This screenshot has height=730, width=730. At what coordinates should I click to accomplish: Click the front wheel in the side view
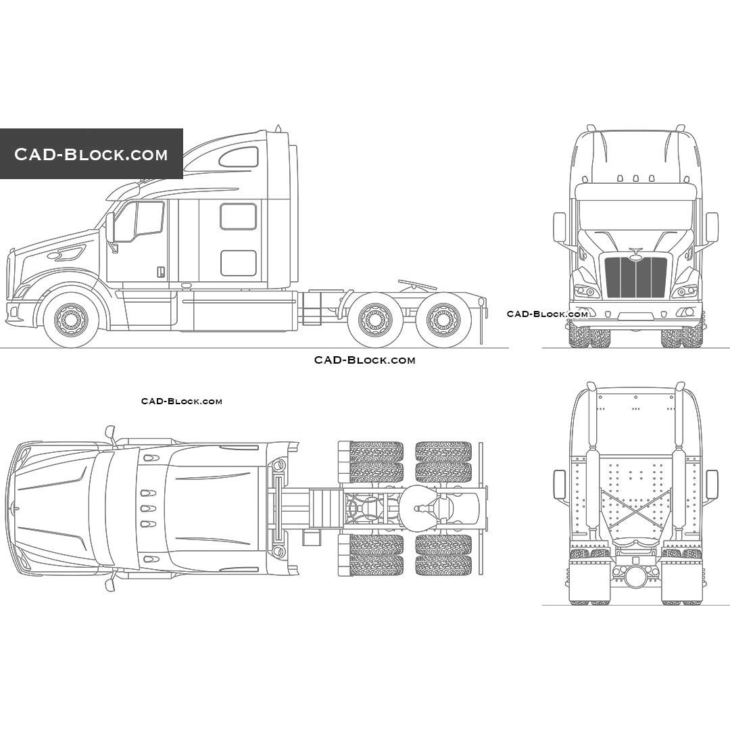click(x=71, y=319)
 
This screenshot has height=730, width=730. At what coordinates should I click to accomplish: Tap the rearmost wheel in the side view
click(x=443, y=320)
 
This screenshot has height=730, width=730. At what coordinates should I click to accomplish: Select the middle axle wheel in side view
click(x=375, y=320)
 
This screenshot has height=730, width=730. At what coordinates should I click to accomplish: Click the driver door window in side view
click(x=139, y=220)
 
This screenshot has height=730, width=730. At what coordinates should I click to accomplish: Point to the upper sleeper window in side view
click(x=238, y=216)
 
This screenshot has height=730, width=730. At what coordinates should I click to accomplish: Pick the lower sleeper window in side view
click(x=238, y=263)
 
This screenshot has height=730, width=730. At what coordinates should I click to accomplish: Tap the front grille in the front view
click(x=635, y=277)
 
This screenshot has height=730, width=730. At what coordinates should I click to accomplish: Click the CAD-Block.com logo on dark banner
click(x=91, y=154)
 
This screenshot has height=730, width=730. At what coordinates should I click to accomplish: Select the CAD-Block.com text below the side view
click(x=364, y=360)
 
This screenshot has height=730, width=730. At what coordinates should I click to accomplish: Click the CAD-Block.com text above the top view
click(x=181, y=401)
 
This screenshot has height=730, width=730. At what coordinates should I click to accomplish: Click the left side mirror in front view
click(x=559, y=227)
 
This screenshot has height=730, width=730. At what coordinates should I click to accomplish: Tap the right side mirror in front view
click(x=712, y=227)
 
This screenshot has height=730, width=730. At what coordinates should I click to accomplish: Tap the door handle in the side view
click(x=161, y=272)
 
